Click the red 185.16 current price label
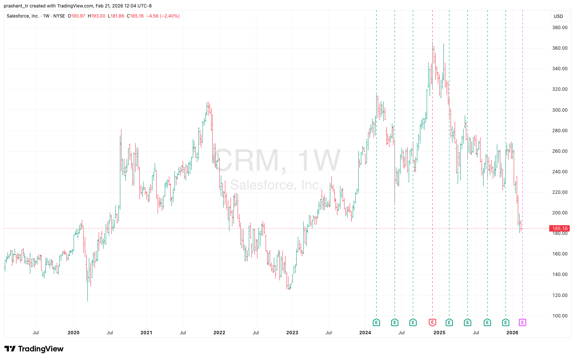click(x=560, y=228)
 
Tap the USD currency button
click(x=558, y=16)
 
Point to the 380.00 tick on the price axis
click(x=560, y=28)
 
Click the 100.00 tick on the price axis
click(x=560, y=316)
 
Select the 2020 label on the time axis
click(x=73, y=333)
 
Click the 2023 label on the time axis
click(x=292, y=333)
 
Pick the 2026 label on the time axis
click(x=512, y=333)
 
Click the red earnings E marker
click(x=432, y=322)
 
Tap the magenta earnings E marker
click(x=522, y=322)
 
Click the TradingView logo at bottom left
click(x=34, y=349)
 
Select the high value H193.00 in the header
click(x=96, y=16)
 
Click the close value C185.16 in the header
click(x=135, y=16)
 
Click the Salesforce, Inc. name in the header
click(x=23, y=16)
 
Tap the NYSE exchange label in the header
click(x=59, y=16)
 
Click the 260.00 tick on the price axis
click(x=560, y=151)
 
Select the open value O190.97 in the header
click(x=76, y=16)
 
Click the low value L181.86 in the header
click(x=116, y=16)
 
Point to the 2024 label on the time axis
click(x=365, y=333)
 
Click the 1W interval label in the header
click(x=46, y=16)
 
